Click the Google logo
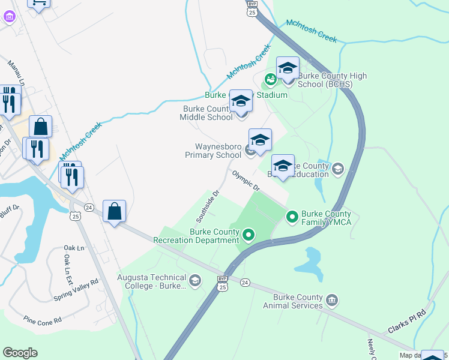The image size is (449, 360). tap(20, 353)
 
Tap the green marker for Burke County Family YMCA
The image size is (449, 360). tap(292, 215)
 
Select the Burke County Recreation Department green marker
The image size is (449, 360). tap(248, 234)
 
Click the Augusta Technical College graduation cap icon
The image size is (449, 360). tap(194, 280)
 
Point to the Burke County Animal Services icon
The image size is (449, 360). tap(332, 299)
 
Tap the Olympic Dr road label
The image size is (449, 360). tap(246, 180)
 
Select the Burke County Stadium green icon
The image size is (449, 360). tap(271, 79)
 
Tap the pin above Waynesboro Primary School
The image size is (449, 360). tap(260, 140)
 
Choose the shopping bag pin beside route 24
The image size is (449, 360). tap(114, 211)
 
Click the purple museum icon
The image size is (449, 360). tap(9, 16)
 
